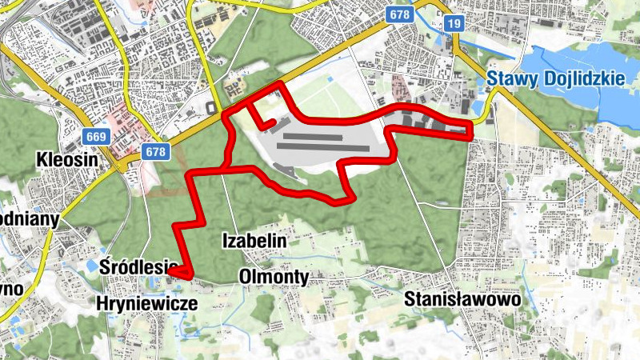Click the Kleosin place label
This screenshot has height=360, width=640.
tap(67, 160)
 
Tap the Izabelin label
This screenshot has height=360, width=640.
tap(254, 239)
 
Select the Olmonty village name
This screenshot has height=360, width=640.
tap(274, 277)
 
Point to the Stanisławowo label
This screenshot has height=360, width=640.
tap(462, 299)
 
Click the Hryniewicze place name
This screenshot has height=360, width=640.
tap(146, 303)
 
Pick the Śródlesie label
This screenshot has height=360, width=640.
tap(138, 266)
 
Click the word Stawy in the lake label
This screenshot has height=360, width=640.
tap(512, 78)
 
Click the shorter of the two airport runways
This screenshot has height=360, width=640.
tap(312, 136)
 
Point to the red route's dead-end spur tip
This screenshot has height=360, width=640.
tap(274, 122)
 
